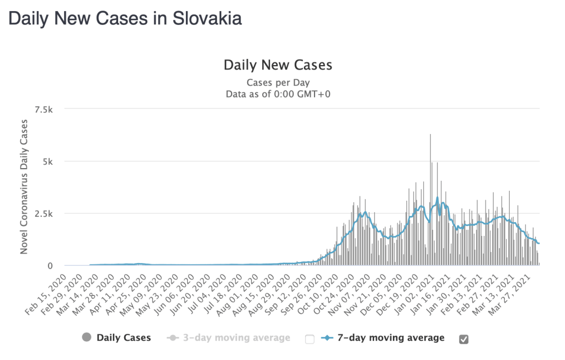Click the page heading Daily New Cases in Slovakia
(125, 18)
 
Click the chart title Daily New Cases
(278, 65)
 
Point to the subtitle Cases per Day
(278, 83)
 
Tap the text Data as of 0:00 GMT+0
(278, 94)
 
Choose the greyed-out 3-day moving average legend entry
(235, 337)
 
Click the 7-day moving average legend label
(390, 337)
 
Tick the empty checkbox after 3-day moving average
(310, 339)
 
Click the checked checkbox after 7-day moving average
(464, 339)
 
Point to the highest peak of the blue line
(437, 197)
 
